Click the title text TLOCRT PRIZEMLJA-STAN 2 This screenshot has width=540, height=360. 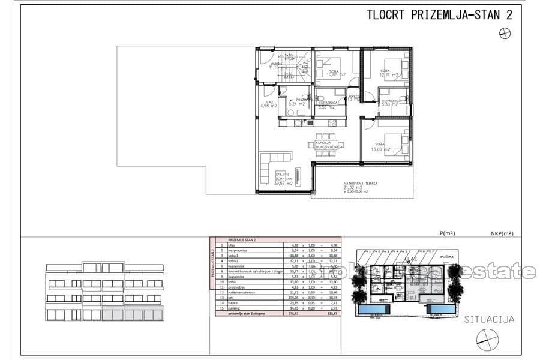439,16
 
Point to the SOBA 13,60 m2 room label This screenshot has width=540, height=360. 382,147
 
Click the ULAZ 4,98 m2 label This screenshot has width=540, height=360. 268,105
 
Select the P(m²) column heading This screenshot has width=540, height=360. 447,233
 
